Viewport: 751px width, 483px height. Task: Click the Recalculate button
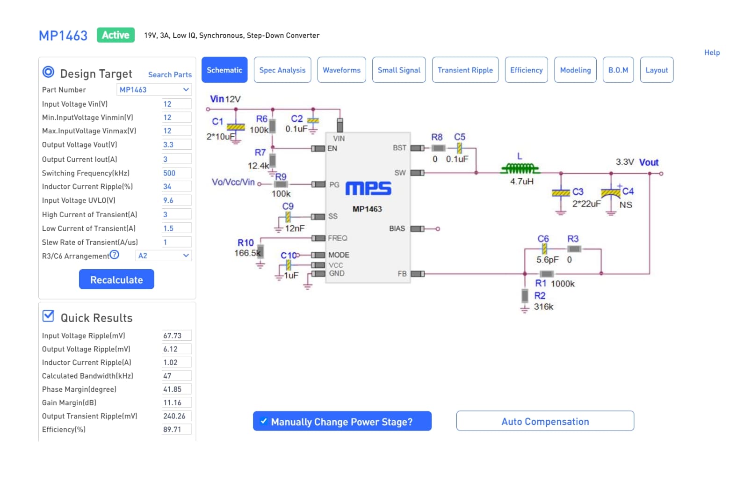click(x=116, y=279)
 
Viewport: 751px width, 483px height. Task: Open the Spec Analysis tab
click(x=282, y=70)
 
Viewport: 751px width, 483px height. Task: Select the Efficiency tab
click(x=527, y=70)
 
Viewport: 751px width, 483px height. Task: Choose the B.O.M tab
click(x=618, y=70)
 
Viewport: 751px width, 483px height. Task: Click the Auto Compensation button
click(x=545, y=421)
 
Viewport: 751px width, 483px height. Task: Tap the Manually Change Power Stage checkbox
click(x=264, y=421)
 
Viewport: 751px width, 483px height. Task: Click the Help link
click(x=712, y=52)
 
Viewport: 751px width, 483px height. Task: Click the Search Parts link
click(x=170, y=74)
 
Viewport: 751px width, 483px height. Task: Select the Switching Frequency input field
click(x=176, y=173)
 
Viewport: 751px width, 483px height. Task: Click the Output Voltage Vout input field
click(x=176, y=144)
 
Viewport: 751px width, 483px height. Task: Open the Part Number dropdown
click(x=154, y=89)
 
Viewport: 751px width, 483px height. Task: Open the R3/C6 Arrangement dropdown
click(x=164, y=256)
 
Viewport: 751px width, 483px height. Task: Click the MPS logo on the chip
click(x=368, y=188)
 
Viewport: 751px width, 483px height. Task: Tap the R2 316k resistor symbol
click(x=525, y=296)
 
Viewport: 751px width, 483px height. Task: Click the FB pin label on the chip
click(x=402, y=274)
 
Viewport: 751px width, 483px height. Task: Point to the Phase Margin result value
click(x=176, y=389)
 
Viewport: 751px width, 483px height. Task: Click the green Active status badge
click(x=116, y=35)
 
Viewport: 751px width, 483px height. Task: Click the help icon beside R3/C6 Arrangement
click(x=114, y=255)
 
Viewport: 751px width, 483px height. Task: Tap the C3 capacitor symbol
click(x=561, y=193)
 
